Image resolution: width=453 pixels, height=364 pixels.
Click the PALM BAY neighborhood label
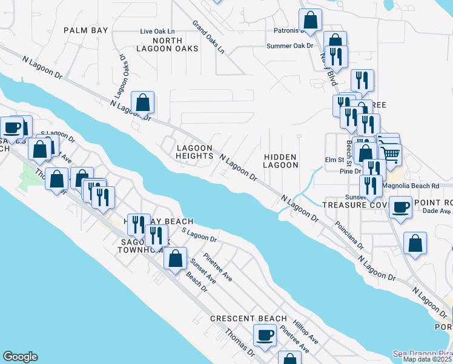[86, 30]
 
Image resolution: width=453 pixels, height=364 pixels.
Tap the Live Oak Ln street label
[157, 31]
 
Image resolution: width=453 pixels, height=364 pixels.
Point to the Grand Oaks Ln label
[208, 38]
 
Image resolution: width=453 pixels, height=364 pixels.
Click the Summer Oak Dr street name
[290, 45]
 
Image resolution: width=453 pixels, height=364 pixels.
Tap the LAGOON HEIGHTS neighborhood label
[194, 152]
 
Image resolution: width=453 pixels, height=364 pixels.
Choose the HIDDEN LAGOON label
[281, 161]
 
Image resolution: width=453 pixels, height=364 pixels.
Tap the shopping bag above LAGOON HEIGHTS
[143, 103]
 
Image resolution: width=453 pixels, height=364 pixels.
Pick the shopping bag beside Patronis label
[311, 20]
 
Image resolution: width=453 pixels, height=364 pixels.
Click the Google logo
[20, 357]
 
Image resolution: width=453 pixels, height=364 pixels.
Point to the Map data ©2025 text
[428, 359]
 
